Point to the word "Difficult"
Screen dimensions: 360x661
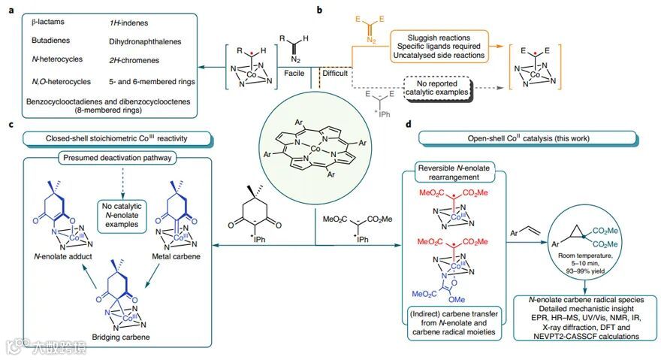[x=337, y=73]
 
